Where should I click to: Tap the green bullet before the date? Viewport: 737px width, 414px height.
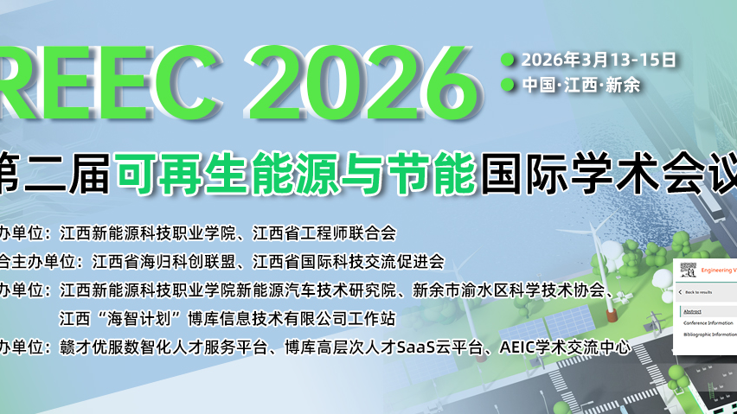(x=508, y=60)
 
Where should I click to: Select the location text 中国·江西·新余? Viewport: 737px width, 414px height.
(x=580, y=85)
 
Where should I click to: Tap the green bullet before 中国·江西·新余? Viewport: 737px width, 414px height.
(x=508, y=85)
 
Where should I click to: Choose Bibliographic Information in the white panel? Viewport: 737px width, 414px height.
(x=709, y=334)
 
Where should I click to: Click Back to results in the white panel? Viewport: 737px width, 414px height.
(x=699, y=293)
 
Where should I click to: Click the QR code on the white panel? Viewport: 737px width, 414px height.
(x=688, y=270)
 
